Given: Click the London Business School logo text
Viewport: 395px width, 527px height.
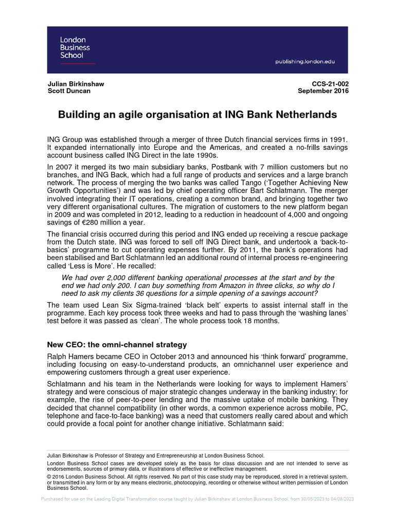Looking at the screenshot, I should coord(73,47).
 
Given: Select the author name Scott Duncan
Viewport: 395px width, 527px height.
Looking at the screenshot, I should coord(69,91).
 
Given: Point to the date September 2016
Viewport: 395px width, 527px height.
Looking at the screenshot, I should coord(323,91).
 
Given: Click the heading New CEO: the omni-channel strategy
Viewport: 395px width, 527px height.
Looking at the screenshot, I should coord(117,344).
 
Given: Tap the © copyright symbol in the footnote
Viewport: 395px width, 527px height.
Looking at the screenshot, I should coord(49,477).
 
